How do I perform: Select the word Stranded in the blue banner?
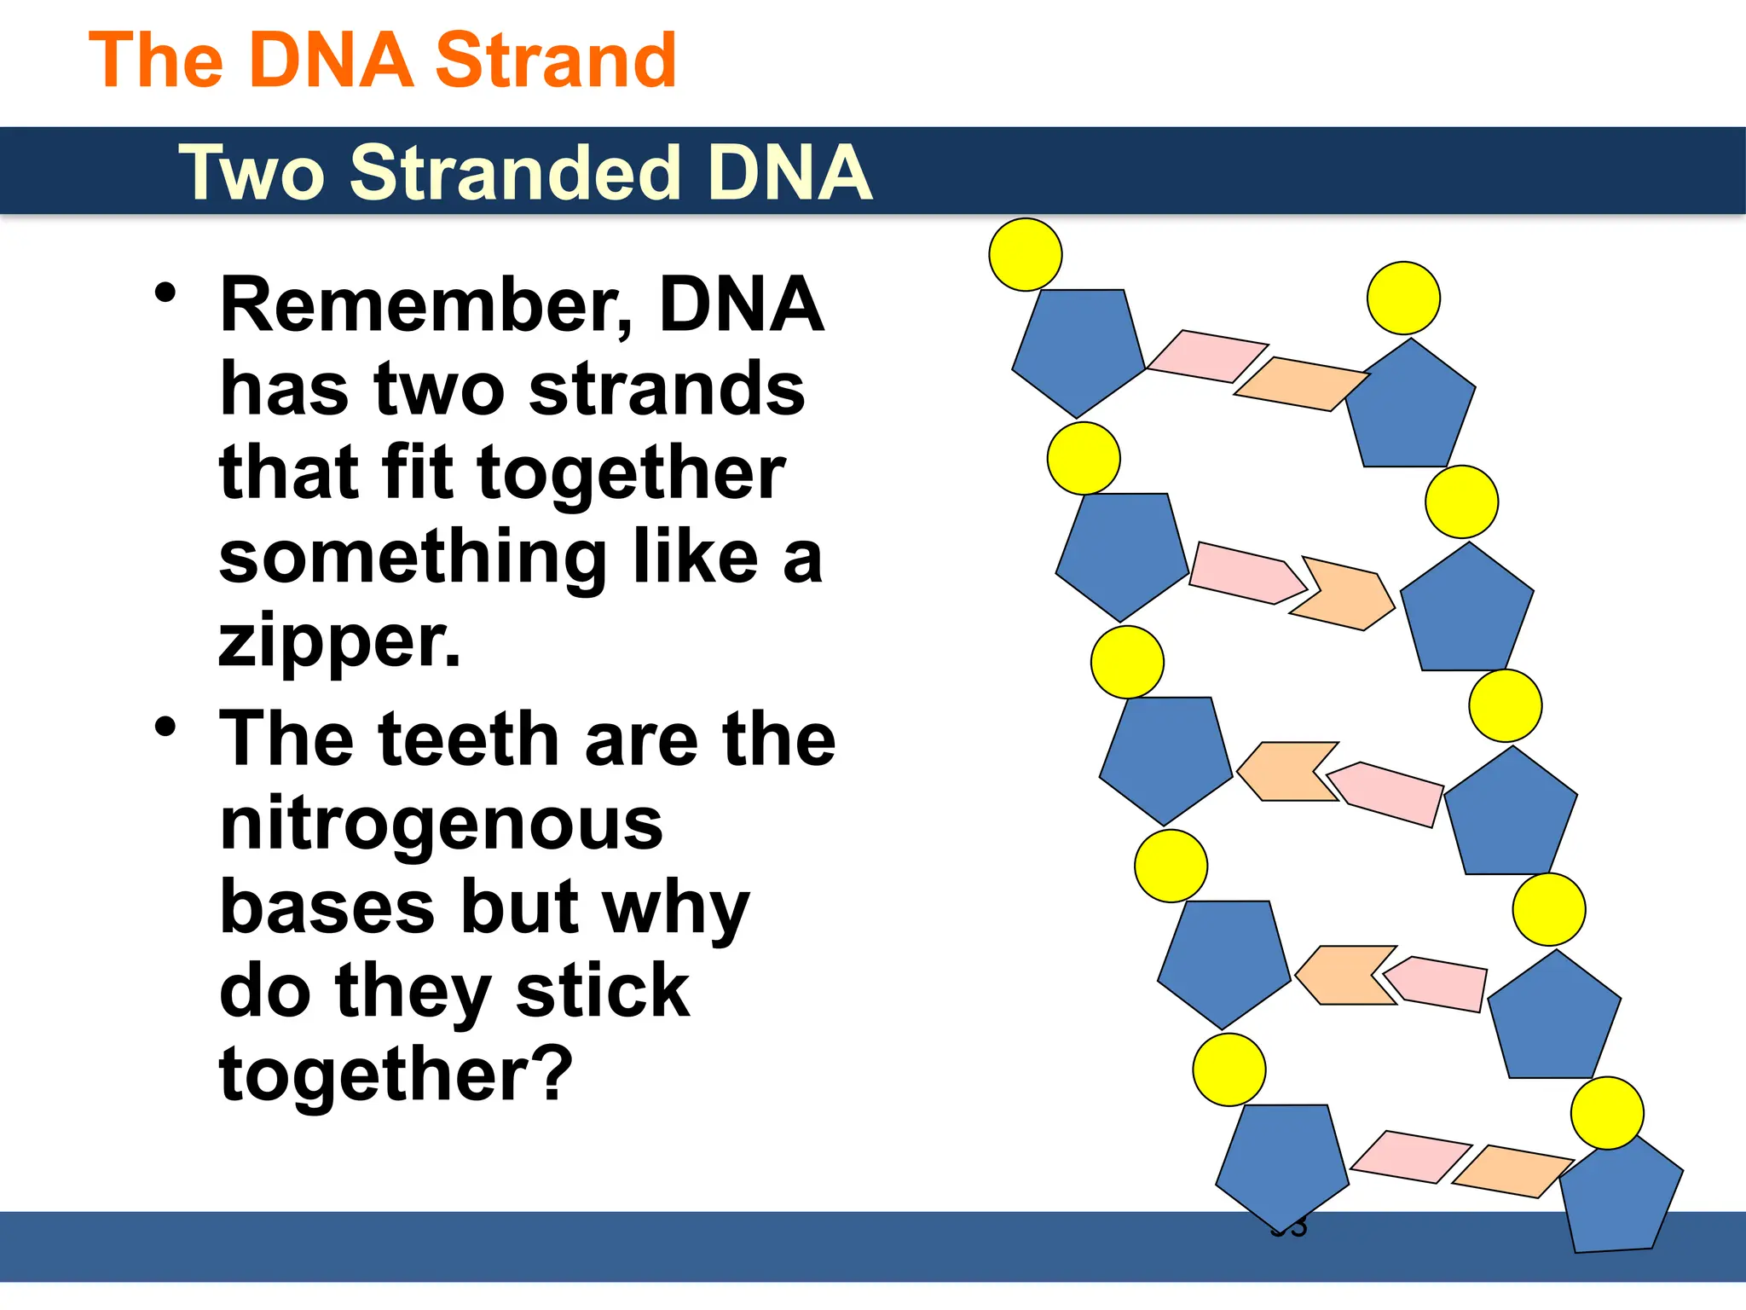[x=514, y=173]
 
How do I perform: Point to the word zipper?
[x=339, y=641]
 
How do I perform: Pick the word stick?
[x=602, y=991]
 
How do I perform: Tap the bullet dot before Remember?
[x=165, y=293]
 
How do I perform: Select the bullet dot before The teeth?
[x=165, y=727]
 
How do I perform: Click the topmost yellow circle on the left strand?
[x=1026, y=254]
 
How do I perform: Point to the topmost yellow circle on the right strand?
[x=1403, y=298]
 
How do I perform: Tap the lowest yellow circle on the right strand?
[x=1607, y=1113]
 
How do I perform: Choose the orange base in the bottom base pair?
[x=1512, y=1171]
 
